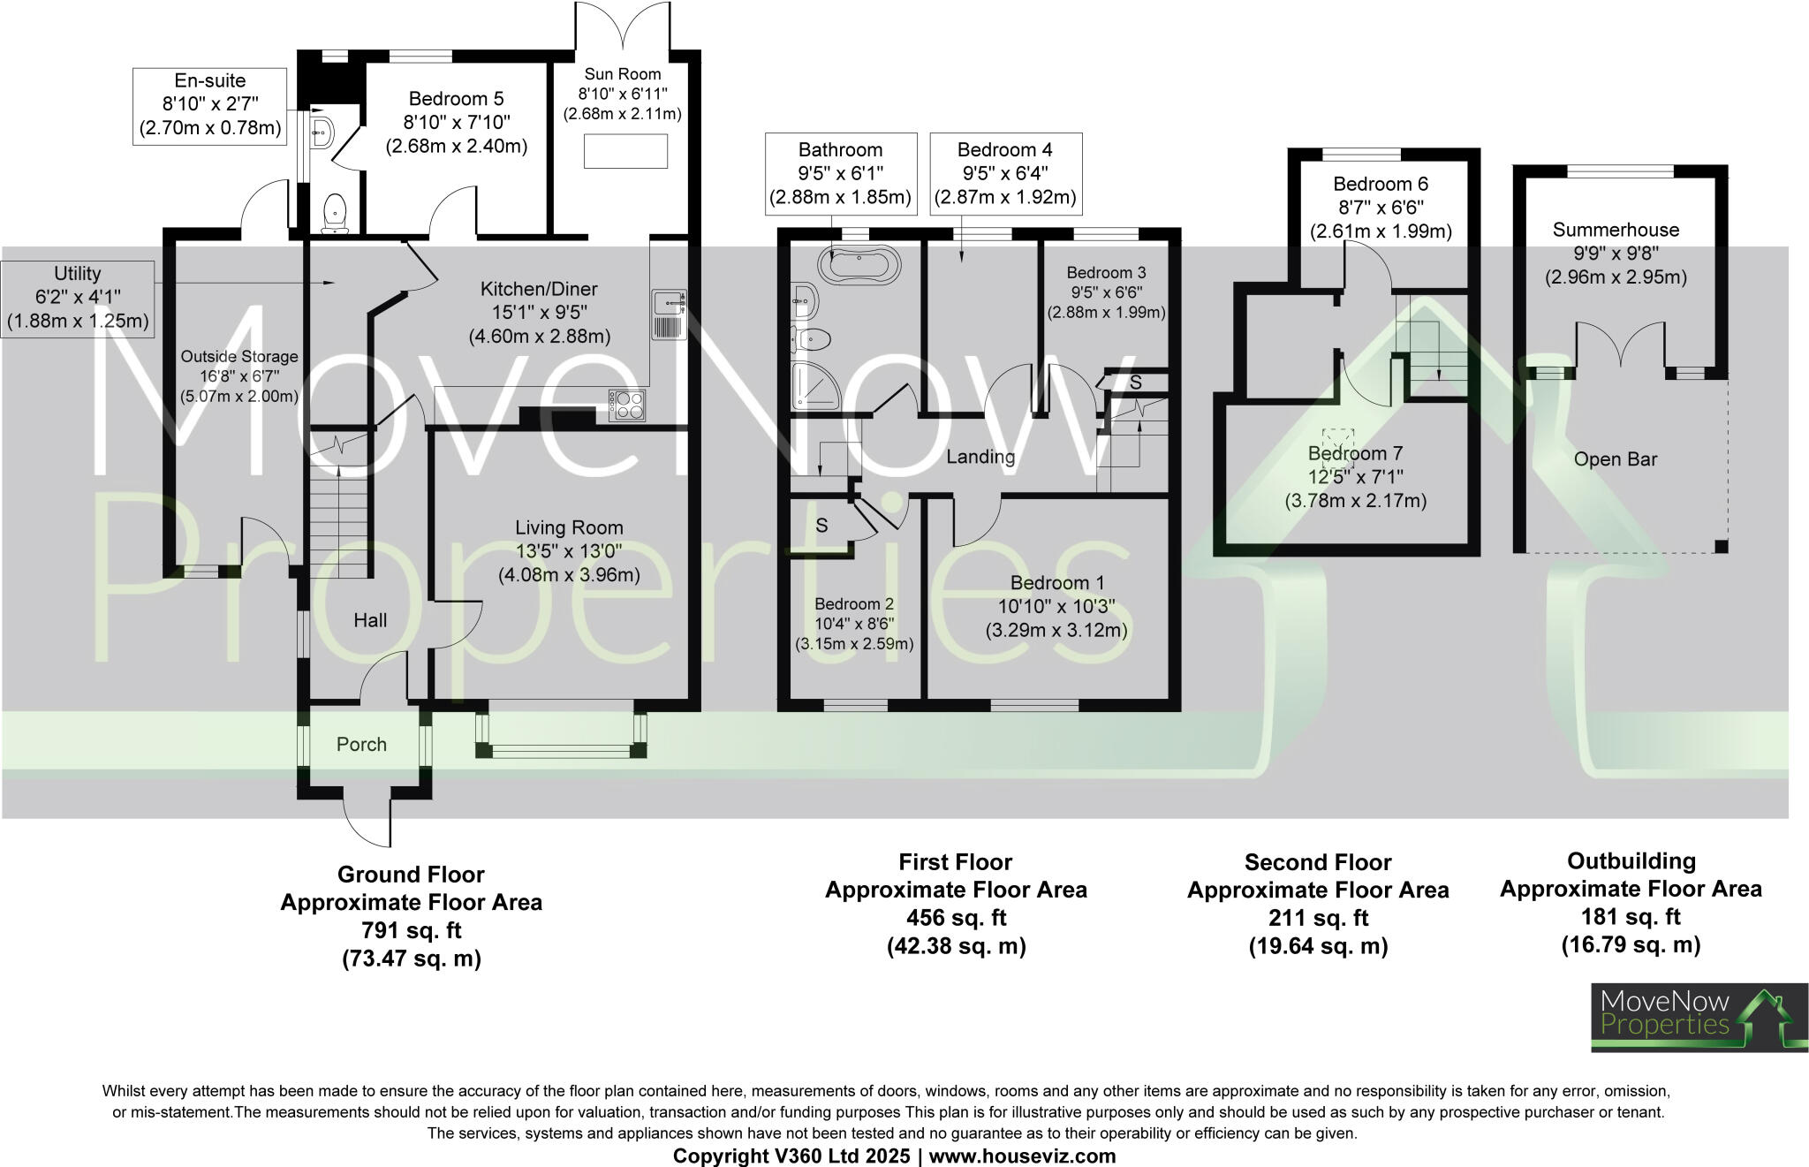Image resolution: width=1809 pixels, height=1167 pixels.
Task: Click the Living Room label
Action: click(x=569, y=528)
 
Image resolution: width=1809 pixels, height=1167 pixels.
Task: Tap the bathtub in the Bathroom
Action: click(x=859, y=263)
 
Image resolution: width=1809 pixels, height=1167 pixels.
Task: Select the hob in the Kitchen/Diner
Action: click(x=626, y=405)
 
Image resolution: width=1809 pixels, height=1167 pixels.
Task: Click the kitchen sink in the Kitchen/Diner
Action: click(x=669, y=314)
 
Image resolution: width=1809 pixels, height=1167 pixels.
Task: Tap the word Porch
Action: click(x=361, y=745)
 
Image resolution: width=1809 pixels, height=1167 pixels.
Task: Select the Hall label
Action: click(x=370, y=620)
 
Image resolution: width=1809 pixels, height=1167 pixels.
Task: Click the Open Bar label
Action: click(x=1615, y=459)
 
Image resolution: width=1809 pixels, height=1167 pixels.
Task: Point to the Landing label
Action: click(x=980, y=457)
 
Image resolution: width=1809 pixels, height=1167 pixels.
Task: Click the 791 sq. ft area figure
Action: click(x=411, y=930)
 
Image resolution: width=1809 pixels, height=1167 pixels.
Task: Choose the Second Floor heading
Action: click(x=1317, y=862)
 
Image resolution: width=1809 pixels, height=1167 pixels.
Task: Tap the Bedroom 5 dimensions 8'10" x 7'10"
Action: click(x=456, y=122)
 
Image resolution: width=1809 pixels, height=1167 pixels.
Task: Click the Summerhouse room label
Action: click(x=1616, y=231)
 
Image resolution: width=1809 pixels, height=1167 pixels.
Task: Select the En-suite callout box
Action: click(x=210, y=105)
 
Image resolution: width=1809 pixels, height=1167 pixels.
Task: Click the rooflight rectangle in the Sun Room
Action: click(x=625, y=151)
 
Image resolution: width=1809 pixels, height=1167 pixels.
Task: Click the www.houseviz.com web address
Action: click(x=1022, y=1156)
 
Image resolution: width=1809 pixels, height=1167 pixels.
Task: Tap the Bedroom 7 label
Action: click(x=1355, y=454)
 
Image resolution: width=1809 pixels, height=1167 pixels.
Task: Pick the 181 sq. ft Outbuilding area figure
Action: click(x=1630, y=916)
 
